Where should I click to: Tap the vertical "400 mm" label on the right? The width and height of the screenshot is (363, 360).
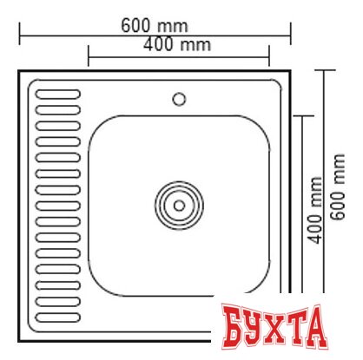coord(315,209)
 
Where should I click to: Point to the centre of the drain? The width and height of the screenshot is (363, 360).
coord(179,206)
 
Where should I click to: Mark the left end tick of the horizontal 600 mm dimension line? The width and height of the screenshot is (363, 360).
coord(19,36)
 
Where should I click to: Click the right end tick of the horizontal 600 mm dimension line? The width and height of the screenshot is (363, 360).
coord(293,36)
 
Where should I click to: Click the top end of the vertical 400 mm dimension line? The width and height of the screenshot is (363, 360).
coord(301,115)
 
